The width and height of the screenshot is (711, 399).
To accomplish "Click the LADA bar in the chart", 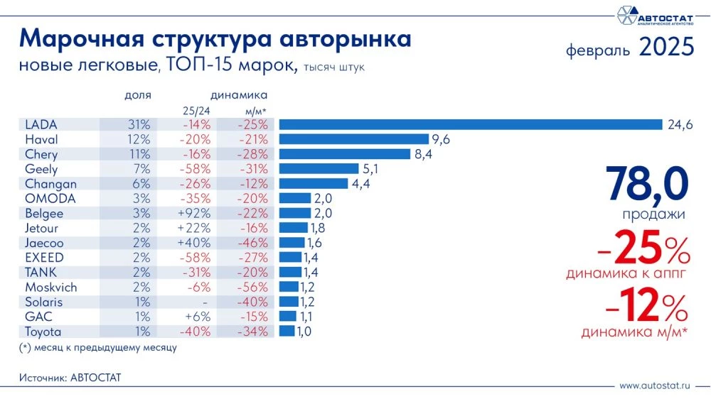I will pos(469,125).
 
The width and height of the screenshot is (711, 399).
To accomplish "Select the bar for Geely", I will pos(319,169).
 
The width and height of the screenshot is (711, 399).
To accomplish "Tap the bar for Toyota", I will pos(287,332).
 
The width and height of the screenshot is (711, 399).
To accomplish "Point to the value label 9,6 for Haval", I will pos(441,140).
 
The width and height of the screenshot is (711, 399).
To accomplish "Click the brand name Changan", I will pos(50,184).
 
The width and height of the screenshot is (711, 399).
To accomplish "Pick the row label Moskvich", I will pos(50,288).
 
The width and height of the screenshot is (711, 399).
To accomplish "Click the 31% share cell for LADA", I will pos(139,125).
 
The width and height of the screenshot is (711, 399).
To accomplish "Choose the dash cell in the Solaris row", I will pos(204,302).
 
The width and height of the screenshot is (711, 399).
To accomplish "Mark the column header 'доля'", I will pos(138,95).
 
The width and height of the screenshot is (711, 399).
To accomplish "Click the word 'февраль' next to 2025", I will pos(598,50).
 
